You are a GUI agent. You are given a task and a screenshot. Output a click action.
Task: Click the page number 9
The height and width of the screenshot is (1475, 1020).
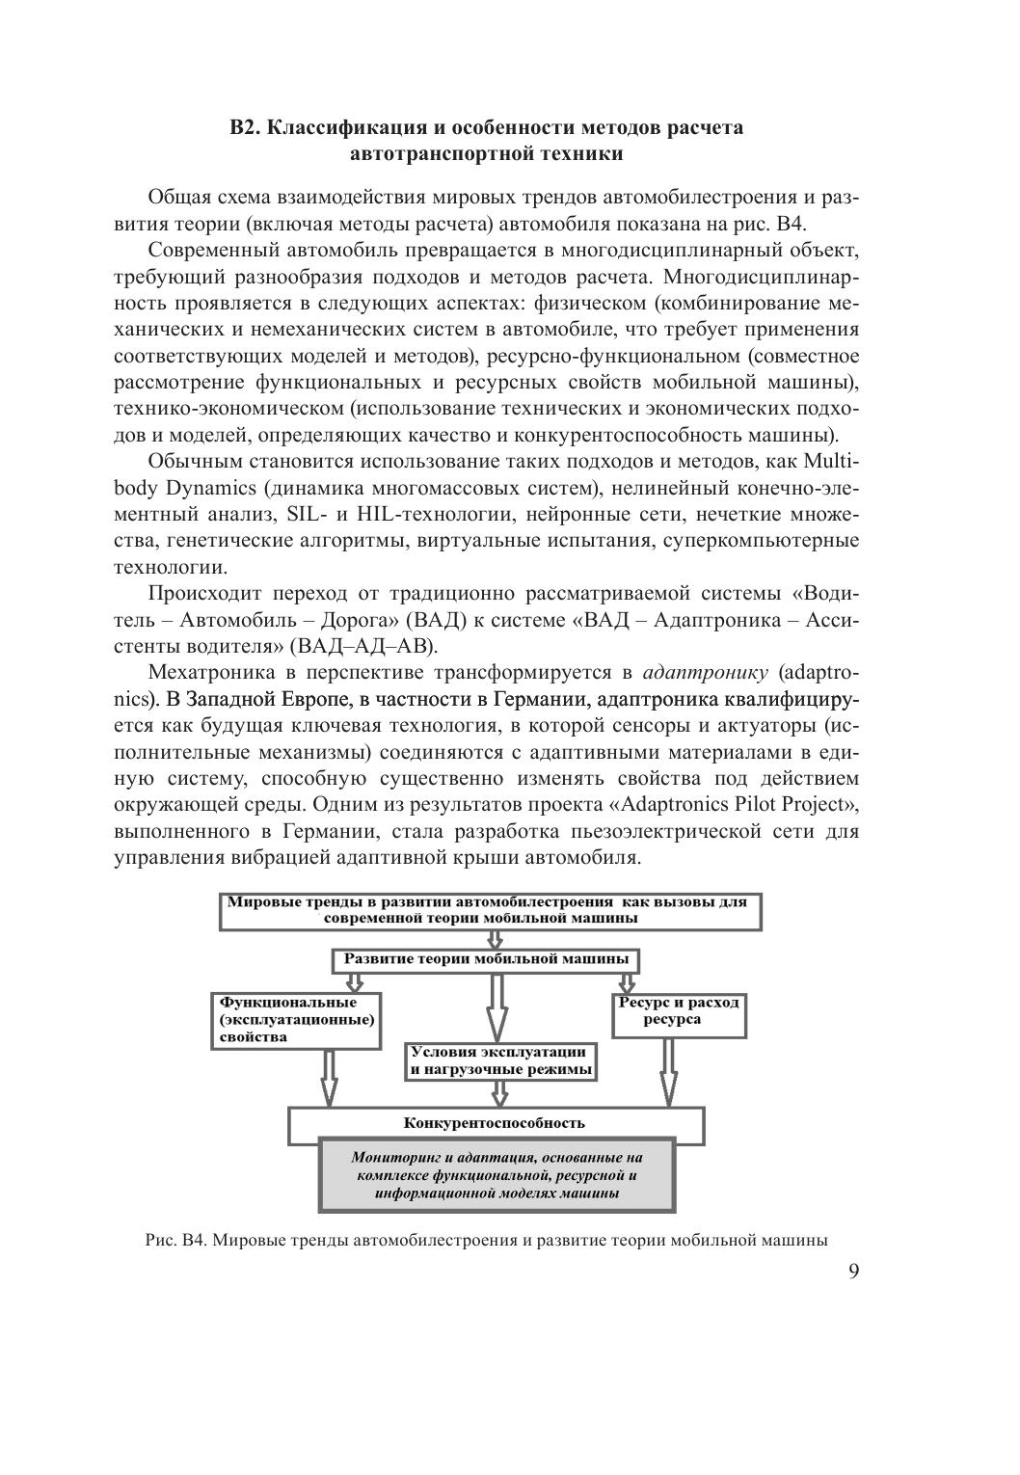[x=853, y=1271]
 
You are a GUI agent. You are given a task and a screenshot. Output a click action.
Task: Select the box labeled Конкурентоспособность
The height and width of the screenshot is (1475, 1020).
[x=495, y=1123]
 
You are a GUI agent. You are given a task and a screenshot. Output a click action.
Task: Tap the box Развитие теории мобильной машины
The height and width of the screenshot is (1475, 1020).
[x=486, y=960]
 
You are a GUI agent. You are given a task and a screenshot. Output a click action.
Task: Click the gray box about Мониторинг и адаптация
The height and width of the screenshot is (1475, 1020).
[x=497, y=1174]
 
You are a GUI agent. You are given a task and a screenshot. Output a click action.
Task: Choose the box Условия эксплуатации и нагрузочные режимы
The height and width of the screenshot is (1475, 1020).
[x=499, y=1060]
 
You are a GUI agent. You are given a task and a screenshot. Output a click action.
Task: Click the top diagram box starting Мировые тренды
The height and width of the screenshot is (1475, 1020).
[x=490, y=911]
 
